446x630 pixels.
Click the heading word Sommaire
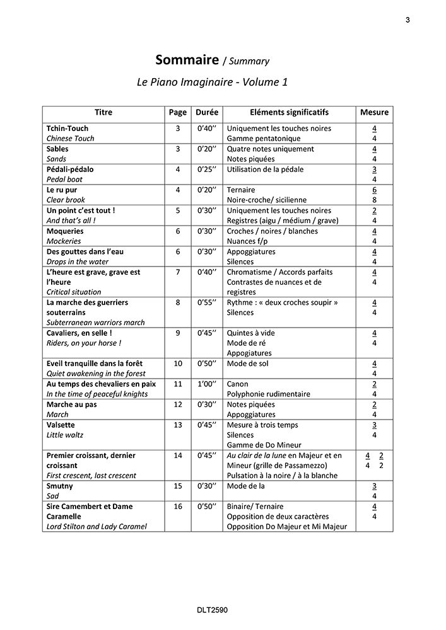(x=183, y=60)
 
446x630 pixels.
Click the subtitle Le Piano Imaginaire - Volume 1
(x=212, y=82)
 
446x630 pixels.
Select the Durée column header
(x=207, y=112)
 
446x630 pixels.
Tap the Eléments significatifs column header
(x=289, y=112)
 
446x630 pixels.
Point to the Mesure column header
(x=374, y=112)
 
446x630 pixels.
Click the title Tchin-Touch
(x=67, y=129)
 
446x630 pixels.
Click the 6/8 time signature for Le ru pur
(x=374, y=195)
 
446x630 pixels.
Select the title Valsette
(x=61, y=425)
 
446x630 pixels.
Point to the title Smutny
(x=60, y=486)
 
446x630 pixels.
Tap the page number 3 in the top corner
(x=408, y=20)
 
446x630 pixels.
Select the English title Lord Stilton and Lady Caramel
(x=97, y=527)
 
